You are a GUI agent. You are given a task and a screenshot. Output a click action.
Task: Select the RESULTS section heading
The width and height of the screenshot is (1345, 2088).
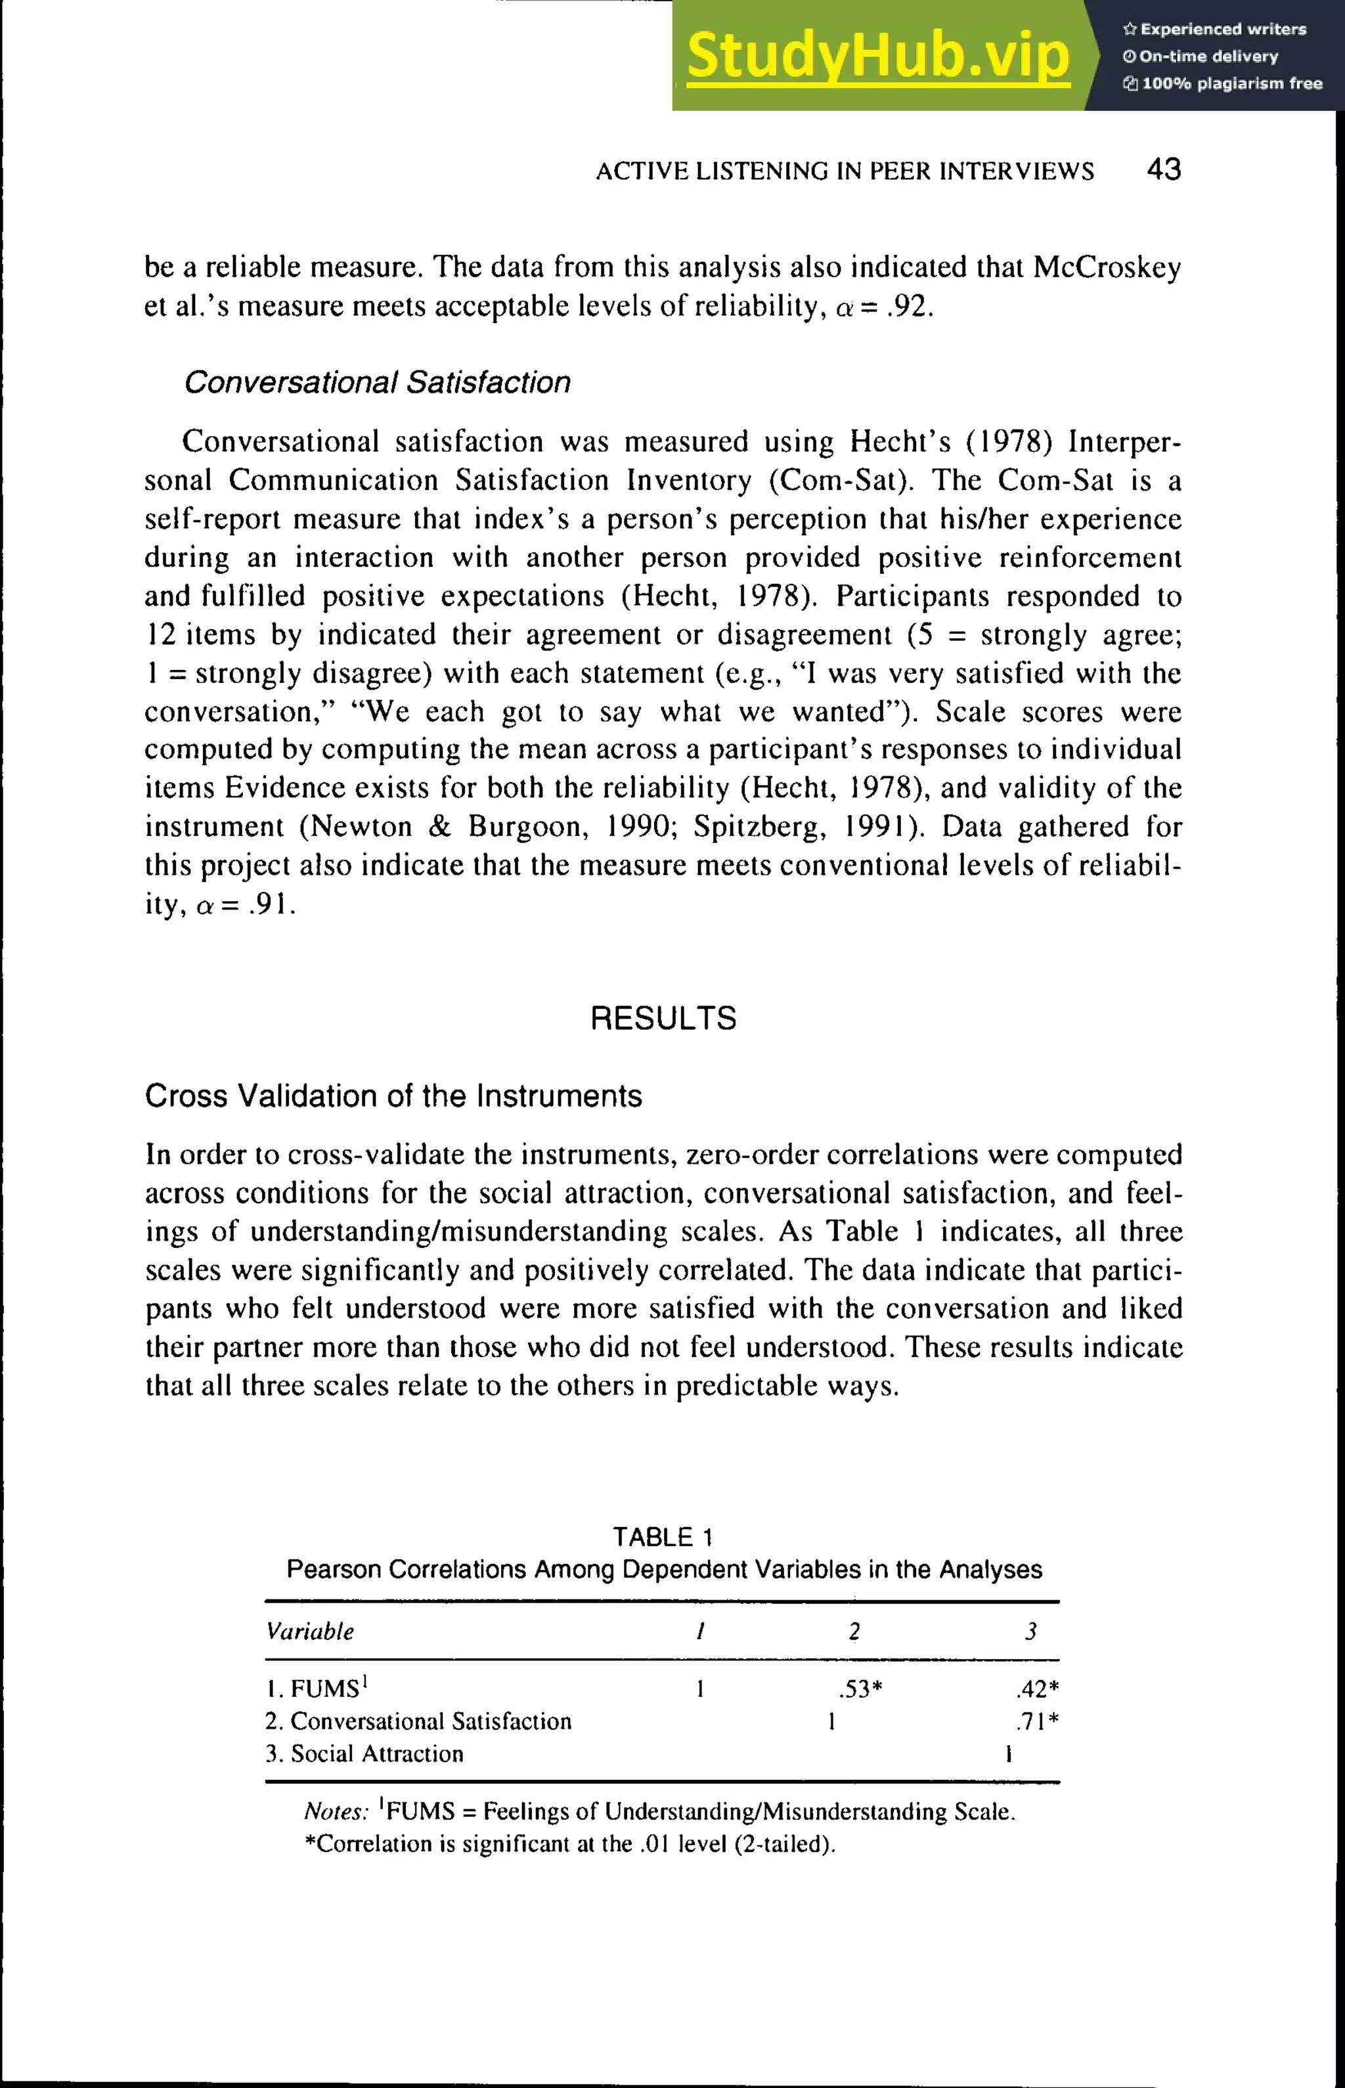click(663, 1018)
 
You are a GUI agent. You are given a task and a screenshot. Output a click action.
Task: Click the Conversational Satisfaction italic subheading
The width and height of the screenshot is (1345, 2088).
click(378, 382)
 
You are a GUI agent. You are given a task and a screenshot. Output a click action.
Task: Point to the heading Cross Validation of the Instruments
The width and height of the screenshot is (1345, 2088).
click(393, 1096)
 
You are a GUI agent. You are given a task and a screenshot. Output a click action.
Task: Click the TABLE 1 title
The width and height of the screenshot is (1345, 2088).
click(663, 1537)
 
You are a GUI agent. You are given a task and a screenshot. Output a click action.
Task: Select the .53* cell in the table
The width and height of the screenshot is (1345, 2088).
click(860, 1689)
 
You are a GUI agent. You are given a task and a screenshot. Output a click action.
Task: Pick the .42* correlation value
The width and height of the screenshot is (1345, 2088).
click(1037, 1689)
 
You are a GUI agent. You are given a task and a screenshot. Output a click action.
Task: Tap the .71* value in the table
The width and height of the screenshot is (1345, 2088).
click(1037, 1721)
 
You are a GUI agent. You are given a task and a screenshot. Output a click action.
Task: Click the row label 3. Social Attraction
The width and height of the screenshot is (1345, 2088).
click(364, 1754)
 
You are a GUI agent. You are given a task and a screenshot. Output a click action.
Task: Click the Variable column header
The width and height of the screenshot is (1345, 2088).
click(310, 1632)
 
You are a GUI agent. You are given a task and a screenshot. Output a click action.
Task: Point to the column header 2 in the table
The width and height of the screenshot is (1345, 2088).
click(854, 1632)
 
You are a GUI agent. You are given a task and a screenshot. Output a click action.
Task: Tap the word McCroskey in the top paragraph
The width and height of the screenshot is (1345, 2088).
click(1107, 267)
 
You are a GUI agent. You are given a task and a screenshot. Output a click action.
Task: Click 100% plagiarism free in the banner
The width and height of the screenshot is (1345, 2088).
click(1231, 84)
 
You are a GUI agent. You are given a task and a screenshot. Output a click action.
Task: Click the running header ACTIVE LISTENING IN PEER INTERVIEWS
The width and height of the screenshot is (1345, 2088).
click(845, 171)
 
